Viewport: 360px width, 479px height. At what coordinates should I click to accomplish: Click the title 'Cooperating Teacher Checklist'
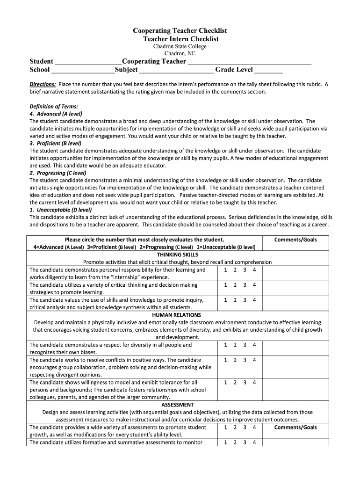tap(180, 30)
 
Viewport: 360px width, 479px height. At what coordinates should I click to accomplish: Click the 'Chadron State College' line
tap(180, 46)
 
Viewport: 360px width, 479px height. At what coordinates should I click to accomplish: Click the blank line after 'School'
tap(83, 70)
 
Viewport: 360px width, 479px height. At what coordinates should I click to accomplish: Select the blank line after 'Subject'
tap(176, 70)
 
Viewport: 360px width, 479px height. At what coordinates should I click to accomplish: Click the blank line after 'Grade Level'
tap(269, 70)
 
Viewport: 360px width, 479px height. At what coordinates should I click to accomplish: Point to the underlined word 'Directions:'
tap(43, 84)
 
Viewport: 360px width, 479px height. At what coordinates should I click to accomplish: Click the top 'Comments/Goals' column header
tap(295, 240)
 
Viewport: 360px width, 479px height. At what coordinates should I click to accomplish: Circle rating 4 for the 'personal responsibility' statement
tap(254, 270)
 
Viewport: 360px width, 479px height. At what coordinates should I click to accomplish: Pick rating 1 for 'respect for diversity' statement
tap(225, 345)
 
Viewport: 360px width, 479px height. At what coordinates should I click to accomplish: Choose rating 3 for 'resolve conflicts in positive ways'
tap(245, 360)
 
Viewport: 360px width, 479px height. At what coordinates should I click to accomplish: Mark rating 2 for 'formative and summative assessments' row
tap(235, 442)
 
